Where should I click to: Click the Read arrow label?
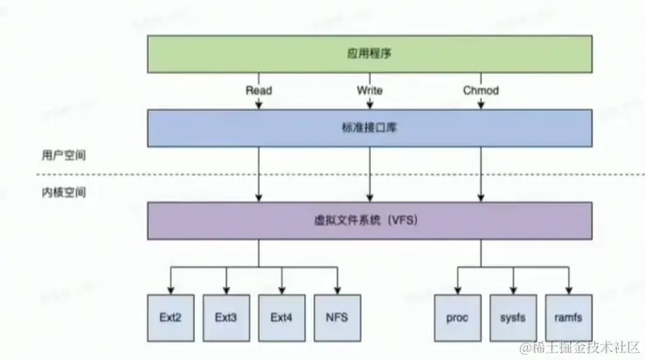click(259, 90)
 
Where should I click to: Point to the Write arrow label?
click(370, 90)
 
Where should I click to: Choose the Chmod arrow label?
click(480, 90)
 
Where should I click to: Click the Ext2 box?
click(171, 317)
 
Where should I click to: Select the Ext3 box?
click(226, 317)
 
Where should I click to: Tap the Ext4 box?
click(281, 317)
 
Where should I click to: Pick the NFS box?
click(336, 317)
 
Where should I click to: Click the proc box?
click(458, 317)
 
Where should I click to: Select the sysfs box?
click(514, 317)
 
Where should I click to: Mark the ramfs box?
click(569, 317)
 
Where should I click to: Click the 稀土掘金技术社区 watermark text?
click(586, 348)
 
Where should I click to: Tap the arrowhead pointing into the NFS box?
click(336, 291)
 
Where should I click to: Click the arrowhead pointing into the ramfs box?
click(569, 291)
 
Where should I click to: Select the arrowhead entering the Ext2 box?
click(171, 291)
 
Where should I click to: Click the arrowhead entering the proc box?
click(458, 291)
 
